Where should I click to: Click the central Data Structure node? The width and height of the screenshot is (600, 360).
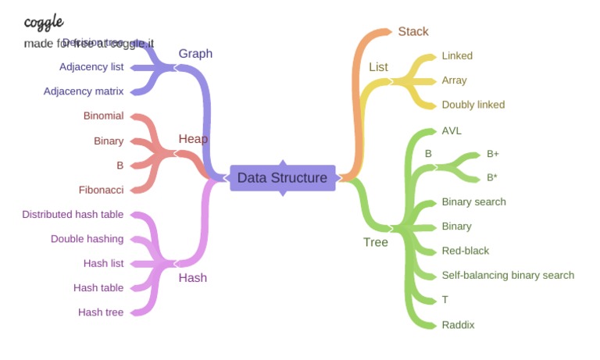[x=282, y=178]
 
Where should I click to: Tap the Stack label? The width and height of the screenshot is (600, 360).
[x=412, y=31]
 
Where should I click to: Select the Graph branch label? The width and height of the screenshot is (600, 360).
[x=195, y=53]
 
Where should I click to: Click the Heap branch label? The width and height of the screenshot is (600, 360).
[x=193, y=139]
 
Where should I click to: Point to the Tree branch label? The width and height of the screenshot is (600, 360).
[x=375, y=242]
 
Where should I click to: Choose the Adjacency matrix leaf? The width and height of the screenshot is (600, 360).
[x=84, y=91]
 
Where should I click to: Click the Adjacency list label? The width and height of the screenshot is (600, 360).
[x=91, y=67]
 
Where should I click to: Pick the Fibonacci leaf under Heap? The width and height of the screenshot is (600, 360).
[x=101, y=190]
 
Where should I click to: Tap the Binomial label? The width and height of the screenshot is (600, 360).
[x=103, y=116]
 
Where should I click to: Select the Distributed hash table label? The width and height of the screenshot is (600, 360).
[x=73, y=215]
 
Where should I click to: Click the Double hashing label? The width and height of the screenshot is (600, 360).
[x=87, y=239]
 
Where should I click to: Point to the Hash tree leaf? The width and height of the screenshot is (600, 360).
[x=101, y=312]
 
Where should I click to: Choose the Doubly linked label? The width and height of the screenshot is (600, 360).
[x=473, y=105]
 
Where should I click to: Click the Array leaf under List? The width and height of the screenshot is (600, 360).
[x=454, y=80]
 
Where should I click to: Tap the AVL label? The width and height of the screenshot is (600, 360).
[x=451, y=130]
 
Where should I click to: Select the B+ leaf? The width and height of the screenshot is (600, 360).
[x=492, y=154]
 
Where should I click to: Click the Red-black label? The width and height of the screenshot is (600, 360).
[x=465, y=251]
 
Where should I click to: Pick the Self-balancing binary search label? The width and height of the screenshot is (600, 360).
[x=508, y=275]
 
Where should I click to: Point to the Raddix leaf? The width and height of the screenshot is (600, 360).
[x=458, y=325]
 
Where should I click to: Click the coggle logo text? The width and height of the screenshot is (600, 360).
[x=44, y=22]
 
